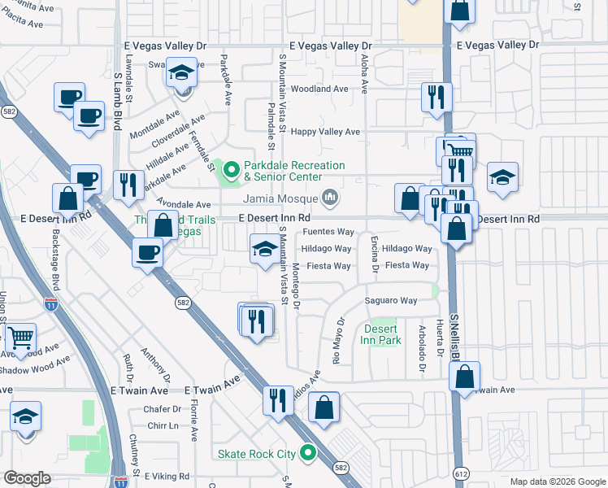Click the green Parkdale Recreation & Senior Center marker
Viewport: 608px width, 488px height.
pos(232,170)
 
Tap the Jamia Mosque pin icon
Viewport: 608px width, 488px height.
pos(330,198)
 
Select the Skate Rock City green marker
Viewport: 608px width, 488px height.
pos(308,453)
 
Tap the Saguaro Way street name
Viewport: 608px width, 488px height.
pos(390,301)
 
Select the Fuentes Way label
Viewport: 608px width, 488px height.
pos(328,232)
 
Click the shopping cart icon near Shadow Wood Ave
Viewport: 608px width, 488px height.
pos(21,338)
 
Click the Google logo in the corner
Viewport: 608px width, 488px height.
pos(27,478)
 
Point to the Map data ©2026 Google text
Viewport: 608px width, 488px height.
pos(557,481)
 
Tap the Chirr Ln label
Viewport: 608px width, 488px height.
pos(163,425)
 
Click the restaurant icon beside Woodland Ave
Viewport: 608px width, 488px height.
pos(436,97)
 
